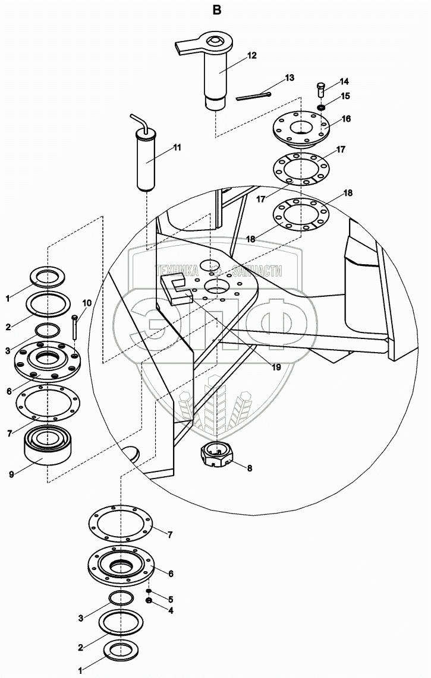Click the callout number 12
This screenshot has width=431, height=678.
coord(251,55)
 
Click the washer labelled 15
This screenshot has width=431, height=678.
coord(321,107)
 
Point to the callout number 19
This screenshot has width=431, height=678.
coord(276,367)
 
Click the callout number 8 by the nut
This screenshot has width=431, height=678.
coord(250,468)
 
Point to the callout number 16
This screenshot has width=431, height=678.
coord(346,119)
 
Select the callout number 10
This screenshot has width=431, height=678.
coord(87,303)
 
